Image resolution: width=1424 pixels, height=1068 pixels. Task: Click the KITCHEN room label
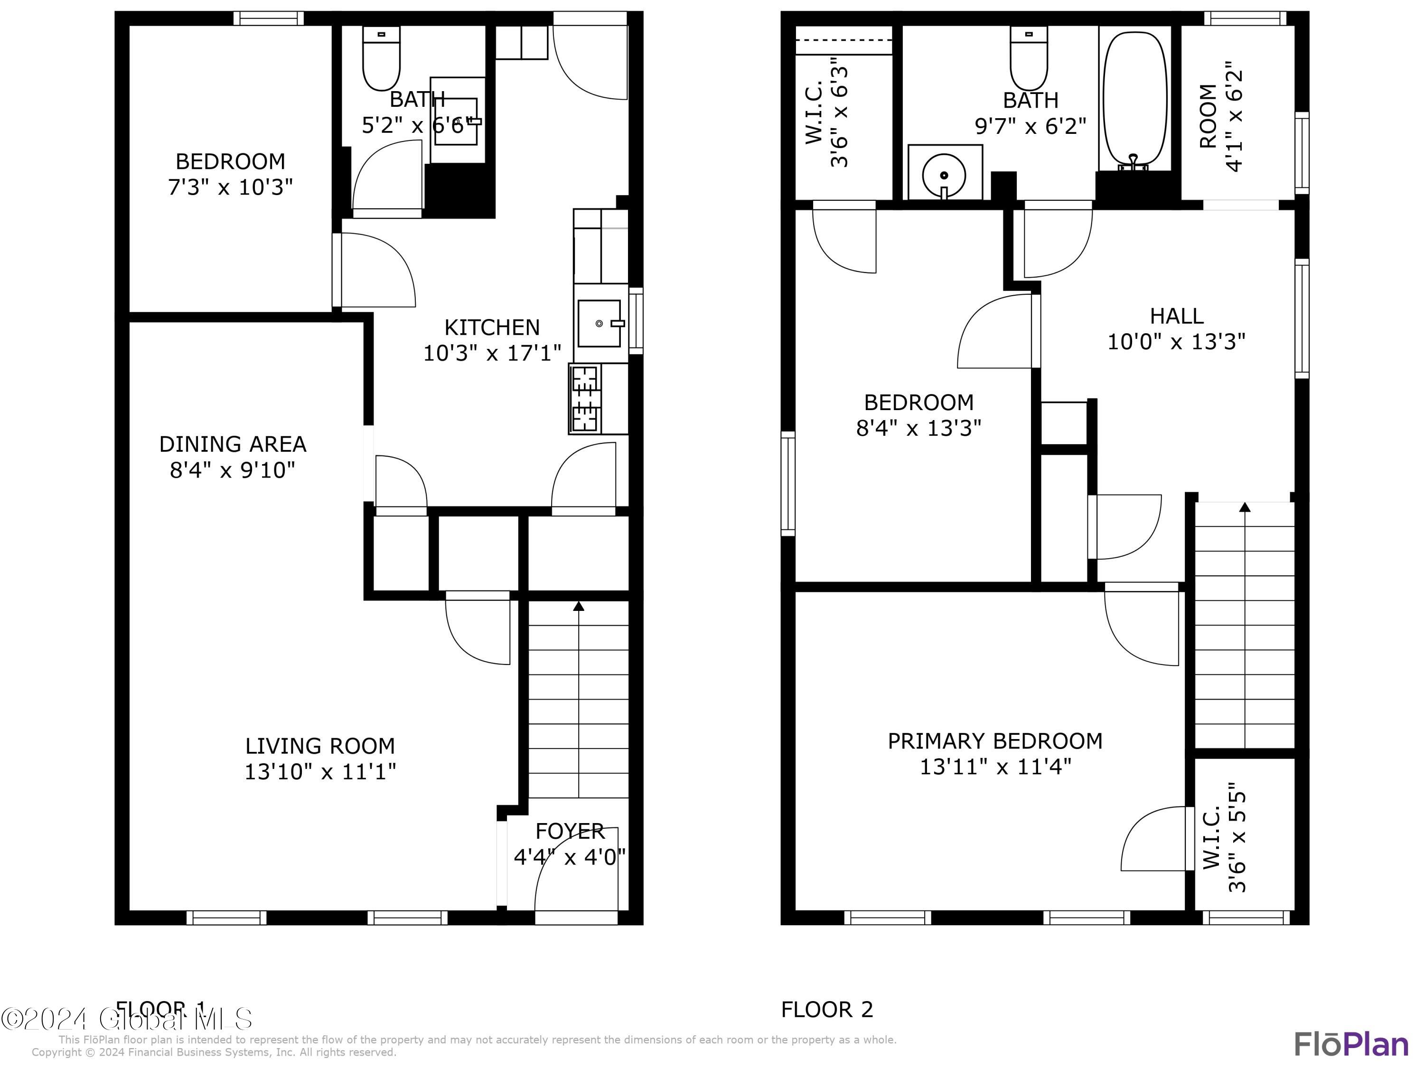[x=492, y=328]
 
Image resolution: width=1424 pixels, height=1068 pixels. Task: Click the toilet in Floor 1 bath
[x=381, y=58]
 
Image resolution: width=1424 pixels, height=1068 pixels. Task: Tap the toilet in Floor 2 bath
[x=1029, y=58]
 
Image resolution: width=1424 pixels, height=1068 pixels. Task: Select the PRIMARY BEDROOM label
[x=994, y=741]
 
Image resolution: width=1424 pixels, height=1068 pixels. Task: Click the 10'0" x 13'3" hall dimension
[x=1176, y=342]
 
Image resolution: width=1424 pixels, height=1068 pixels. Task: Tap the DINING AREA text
[x=233, y=444]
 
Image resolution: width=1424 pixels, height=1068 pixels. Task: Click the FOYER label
[x=570, y=831]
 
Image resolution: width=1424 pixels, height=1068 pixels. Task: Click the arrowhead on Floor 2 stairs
[x=1245, y=507]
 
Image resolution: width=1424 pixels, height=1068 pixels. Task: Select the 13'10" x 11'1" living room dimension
[x=320, y=771]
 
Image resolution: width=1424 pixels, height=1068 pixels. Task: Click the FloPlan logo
[x=1350, y=1044]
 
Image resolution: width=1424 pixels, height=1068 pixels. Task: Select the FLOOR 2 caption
[x=826, y=1010]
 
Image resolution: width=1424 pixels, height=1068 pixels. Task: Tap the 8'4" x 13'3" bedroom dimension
[x=918, y=428]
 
